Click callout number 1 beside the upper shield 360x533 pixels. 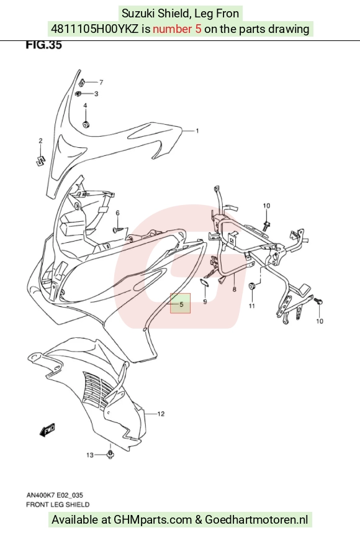tap(197, 131)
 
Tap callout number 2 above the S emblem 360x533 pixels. tap(40, 141)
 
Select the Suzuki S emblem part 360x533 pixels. tap(41, 161)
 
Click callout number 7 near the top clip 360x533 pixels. tap(101, 82)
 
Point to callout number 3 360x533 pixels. tap(96, 93)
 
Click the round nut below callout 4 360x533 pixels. tap(86, 124)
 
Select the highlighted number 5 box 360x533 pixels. tap(181, 303)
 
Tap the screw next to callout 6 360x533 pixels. tap(117, 230)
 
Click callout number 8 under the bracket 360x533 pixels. tap(235, 289)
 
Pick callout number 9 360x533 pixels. tap(205, 301)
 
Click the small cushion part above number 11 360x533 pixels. tap(252, 286)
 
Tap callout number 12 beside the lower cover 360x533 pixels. tap(161, 414)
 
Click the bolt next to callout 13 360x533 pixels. tap(110, 454)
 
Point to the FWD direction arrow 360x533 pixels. tap(47, 430)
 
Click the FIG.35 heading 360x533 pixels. tap(44, 45)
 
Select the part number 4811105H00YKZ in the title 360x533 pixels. tap(95, 29)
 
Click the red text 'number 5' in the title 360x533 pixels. tap(177, 29)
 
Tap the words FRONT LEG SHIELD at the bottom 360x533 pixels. tap(58, 504)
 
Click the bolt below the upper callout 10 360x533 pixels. tap(267, 224)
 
